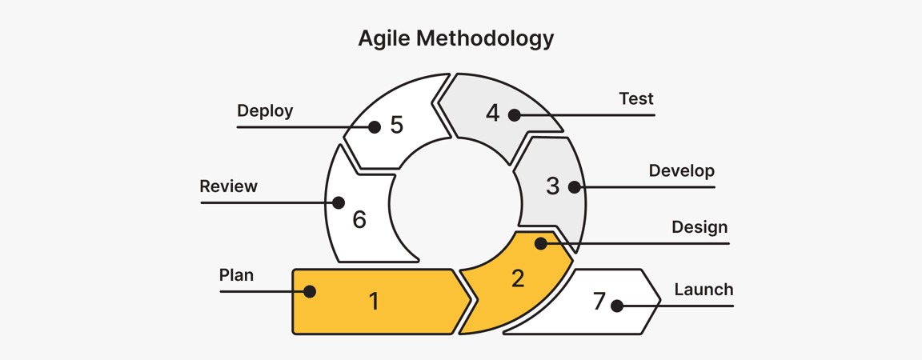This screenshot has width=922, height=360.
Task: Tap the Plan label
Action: click(x=236, y=275)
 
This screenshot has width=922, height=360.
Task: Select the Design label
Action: click(x=700, y=227)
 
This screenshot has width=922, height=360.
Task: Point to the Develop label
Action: click(x=681, y=171)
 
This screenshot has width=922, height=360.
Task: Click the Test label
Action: click(x=636, y=99)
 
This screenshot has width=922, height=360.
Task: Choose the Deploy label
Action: click(x=265, y=111)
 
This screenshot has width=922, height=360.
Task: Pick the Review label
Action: click(x=228, y=186)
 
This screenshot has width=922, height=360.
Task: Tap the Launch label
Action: click(x=704, y=290)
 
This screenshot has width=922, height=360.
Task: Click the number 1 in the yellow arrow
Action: click(x=374, y=301)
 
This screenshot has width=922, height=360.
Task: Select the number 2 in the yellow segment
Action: click(x=518, y=278)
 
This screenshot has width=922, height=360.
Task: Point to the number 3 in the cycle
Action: click(x=552, y=186)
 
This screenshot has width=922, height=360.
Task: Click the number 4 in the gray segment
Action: click(x=492, y=114)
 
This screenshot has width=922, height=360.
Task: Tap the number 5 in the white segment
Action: click(x=396, y=126)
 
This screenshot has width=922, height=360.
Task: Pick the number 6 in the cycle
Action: click(x=359, y=220)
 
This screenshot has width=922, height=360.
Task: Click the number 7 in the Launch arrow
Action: click(x=599, y=302)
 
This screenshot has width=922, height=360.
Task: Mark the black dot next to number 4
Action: click(x=515, y=115)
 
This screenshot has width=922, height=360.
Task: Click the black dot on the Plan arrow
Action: click(x=310, y=292)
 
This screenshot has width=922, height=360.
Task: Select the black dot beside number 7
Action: click(x=617, y=306)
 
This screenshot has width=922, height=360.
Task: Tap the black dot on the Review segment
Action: click(x=339, y=203)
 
